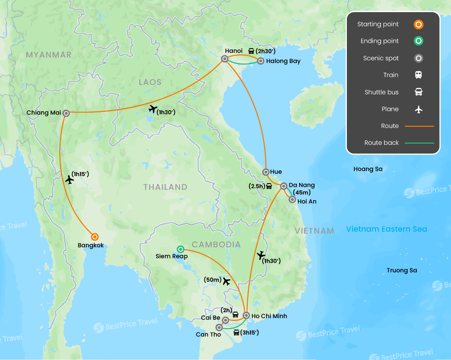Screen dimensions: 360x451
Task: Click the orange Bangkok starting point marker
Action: tap(94, 237)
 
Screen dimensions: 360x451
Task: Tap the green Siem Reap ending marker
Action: tap(180, 249)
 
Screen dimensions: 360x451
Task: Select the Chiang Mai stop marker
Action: tap(66, 113)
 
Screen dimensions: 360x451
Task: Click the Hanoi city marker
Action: tap(225, 59)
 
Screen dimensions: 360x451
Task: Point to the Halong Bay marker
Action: tap(260, 61)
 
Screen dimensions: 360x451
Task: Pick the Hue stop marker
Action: tap(266, 172)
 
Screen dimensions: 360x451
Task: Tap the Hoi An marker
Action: tap(292, 200)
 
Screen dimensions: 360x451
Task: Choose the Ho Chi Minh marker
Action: tap(246, 315)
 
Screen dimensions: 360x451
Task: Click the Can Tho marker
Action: tap(219, 327)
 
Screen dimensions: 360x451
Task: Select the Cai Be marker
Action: tap(225, 320)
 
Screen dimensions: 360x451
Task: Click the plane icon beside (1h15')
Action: tap(70, 180)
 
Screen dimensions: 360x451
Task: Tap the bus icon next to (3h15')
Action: tap(236, 333)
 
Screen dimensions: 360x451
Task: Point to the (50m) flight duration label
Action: tap(212, 280)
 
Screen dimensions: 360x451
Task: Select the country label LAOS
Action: tap(150, 82)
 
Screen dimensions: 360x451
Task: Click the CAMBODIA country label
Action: tap(216, 245)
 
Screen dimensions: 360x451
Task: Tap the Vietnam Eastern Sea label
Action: tap(386, 229)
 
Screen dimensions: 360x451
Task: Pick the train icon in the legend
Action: tap(419, 75)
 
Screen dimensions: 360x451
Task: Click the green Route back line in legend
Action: tap(419, 143)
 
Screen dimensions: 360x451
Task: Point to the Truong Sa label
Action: tap(402, 270)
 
